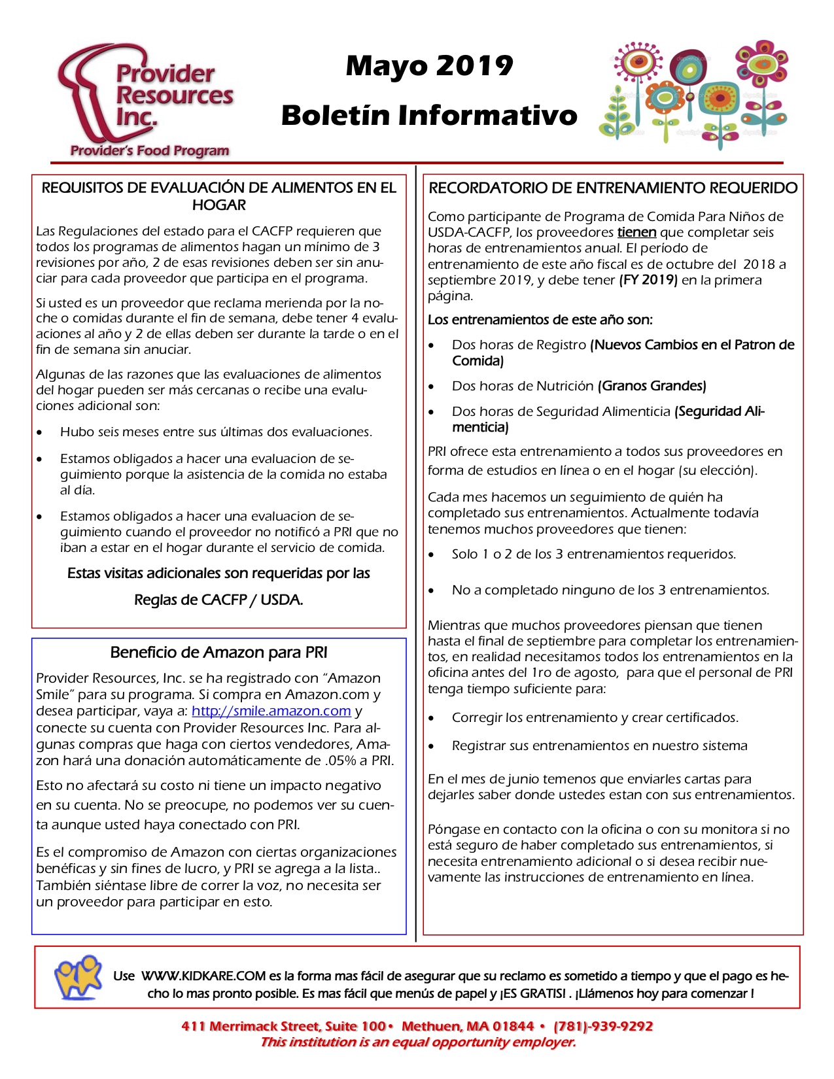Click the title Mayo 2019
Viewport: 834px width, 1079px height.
pyautogui.click(x=429, y=66)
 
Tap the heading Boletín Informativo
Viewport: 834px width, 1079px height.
pyautogui.click(x=429, y=115)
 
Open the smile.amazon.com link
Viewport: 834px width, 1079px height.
pyautogui.click(x=271, y=711)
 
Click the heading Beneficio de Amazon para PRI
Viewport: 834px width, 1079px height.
pyautogui.click(x=218, y=652)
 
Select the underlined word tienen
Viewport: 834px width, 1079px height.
pyautogui.click(x=636, y=232)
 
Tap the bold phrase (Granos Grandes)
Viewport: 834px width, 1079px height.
pyautogui.click(x=652, y=386)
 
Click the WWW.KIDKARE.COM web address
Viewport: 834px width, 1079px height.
pyautogui.click(x=203, y=976)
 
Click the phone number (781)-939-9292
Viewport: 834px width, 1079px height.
pyautogui.click(x=603, y=1026)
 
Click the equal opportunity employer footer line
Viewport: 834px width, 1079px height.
pyautogui.click(x=418, y=1042)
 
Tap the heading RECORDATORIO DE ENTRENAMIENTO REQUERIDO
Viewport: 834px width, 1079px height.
pyautogui.click(x=613, y=188)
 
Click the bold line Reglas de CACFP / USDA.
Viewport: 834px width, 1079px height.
pyautogui.click(x=218, y=600)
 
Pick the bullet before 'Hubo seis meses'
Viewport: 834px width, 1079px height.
pyautogui.click(x=41, y=433)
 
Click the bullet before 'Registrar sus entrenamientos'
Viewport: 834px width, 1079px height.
pyautogui.click(x=431, y=747)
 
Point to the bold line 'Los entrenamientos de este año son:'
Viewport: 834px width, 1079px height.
pyautogui.click(x=540, y=320)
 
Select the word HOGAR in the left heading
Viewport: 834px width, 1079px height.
pyautogui.click(x=218, y=205)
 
